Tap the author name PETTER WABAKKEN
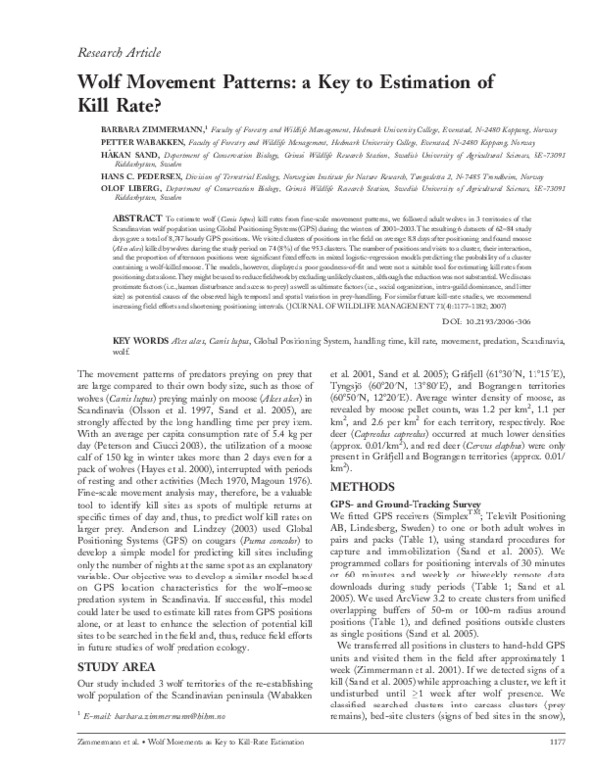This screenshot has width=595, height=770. pos(136,142)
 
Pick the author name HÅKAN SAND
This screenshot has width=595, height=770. pos(122,156)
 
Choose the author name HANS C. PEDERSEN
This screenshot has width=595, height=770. pos(134,175)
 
